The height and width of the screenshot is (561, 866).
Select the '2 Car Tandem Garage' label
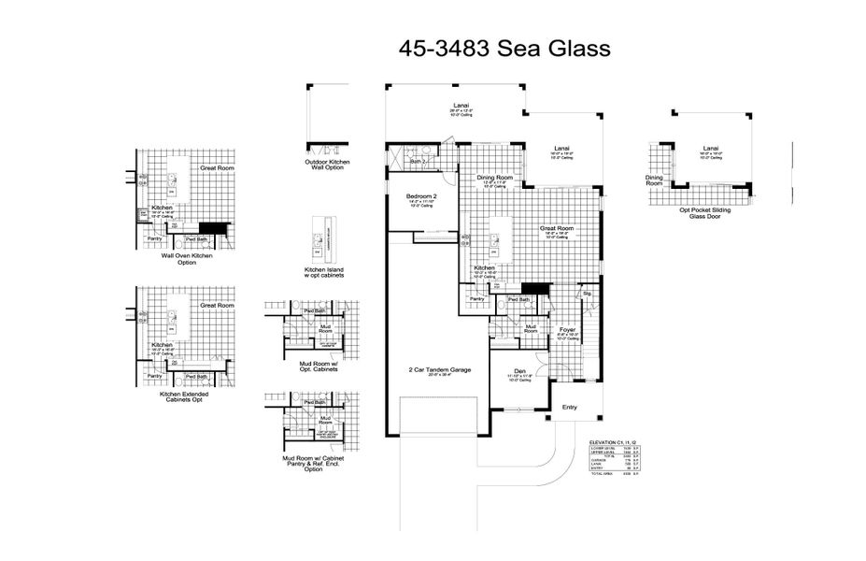(439, 370)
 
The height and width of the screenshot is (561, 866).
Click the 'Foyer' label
(567, 329)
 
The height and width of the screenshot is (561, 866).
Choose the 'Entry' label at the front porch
(569, 408)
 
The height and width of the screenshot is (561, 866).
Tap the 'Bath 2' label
(418, 161)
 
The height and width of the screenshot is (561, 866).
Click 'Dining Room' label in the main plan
(495, 178)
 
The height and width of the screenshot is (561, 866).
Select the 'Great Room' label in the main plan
(557, 228)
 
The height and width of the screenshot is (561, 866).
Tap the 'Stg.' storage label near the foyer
(588, 294)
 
